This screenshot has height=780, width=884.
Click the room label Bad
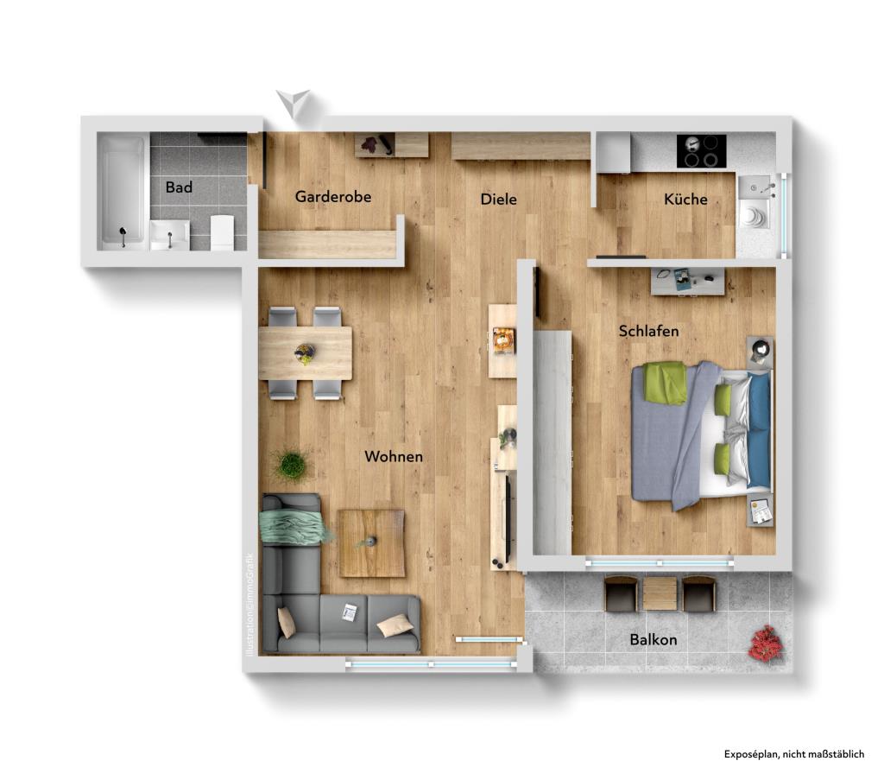[179, 187]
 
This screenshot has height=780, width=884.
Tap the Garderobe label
[332, 196]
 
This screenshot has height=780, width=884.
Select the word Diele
[498, 199]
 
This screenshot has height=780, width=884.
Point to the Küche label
[685, 199]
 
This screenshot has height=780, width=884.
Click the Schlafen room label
[648, 331]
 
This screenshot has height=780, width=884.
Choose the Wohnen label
[394, 456]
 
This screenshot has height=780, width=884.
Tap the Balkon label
[654, 639]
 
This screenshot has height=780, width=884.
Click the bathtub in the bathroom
[123, 192]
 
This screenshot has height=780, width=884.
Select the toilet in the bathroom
[222, 231]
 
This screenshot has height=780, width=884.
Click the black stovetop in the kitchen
[701, 151]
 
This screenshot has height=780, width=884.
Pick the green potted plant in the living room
[292, 465]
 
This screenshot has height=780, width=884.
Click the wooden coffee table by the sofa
[371, 543]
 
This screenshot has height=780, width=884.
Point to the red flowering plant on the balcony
[766, 644]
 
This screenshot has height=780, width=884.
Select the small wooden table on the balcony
[660, 594]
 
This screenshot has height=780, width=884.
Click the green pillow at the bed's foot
[665, 383]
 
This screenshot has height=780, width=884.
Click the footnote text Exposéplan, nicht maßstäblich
[794, 754]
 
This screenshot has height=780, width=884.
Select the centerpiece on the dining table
[305, 353]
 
